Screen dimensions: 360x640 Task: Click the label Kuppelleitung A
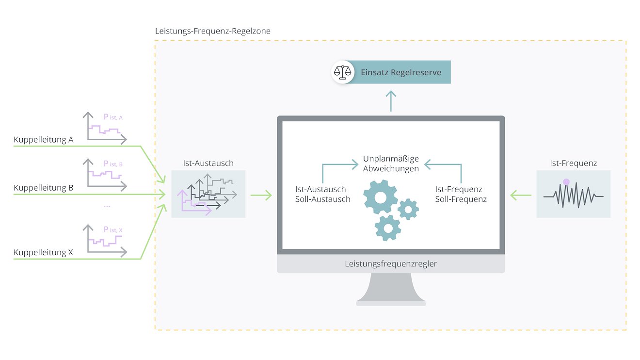(43, 140)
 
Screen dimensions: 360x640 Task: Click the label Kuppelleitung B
(43, 188)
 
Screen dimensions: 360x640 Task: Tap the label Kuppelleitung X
(43, 252)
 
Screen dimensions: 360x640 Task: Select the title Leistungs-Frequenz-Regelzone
(213, 31)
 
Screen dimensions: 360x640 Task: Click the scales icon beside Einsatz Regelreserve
(343, 72)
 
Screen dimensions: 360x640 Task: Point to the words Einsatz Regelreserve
(401, 72)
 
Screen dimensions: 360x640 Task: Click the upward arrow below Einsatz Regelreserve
(391, 100)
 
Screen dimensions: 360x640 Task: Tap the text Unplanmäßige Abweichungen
(391, 164)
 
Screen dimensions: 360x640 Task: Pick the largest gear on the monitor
(381, 196)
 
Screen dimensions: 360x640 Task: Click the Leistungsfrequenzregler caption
(391, 264)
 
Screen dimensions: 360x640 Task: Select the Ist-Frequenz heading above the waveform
(573, 164)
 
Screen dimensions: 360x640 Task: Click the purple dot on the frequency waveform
(566, 182)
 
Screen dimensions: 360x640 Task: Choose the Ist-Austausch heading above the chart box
(208, 164)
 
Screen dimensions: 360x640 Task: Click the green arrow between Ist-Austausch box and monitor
(261, 196)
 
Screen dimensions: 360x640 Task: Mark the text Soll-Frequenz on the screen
(461, 199)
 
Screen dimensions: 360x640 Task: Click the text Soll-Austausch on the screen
(322, 199)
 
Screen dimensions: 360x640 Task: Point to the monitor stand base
(391, 303)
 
